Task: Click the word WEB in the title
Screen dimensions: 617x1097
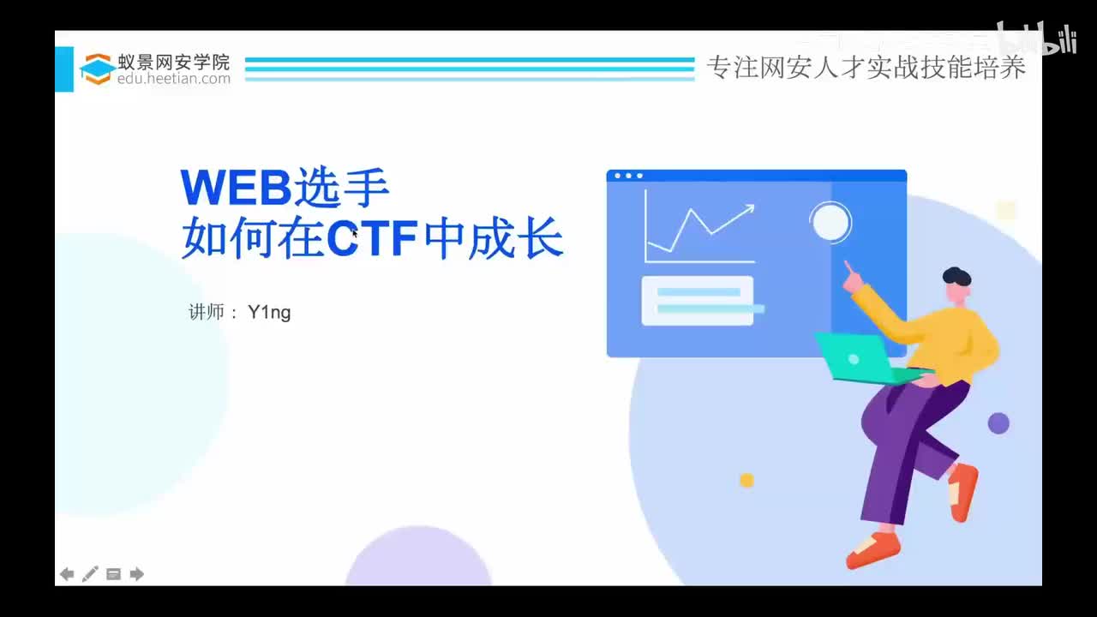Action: click(236, 189)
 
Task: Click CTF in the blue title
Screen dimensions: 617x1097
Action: click(372, 240)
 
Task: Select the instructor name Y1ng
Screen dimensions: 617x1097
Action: click(269, 312)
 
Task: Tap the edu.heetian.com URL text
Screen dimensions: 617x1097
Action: click(174, 79)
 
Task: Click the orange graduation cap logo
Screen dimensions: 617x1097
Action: click(98, 69)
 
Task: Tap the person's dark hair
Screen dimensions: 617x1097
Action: click(956, 277)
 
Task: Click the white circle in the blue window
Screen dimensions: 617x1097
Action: click(830, 223)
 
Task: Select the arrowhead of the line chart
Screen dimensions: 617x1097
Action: click(748, 207)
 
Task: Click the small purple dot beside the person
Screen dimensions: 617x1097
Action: click(998, 422)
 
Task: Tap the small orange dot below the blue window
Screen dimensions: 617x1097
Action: click(746, 480)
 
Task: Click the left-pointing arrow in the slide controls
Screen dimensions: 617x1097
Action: click(67, 574)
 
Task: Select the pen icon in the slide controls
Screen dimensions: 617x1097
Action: click(90, 574)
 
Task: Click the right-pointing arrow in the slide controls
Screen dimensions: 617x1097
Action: click(136, 574)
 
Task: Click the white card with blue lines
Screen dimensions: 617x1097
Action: click(698, 301)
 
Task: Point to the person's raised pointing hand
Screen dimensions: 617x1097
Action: click(851, 276)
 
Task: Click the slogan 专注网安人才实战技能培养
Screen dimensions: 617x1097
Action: click(866, 68)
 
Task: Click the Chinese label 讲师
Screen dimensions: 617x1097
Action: click(207, 312)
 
